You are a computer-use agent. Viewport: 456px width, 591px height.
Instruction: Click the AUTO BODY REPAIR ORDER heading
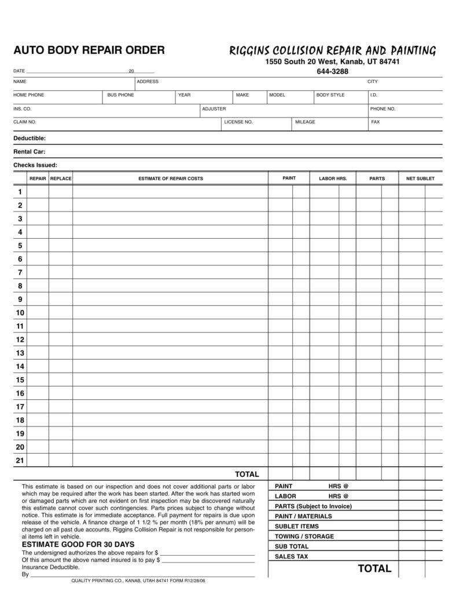click(x=89, y=50)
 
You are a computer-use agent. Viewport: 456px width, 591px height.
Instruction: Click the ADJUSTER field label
click(x=214, y=109)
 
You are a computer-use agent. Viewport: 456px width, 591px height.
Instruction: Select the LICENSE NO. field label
click(x=238, y=122)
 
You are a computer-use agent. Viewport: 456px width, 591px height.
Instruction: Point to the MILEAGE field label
click(x=305, y=122)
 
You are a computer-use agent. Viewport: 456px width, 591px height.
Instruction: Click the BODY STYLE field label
click(x=330, y=95)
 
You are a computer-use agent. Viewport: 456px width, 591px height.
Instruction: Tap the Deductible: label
click(x=30, y=138)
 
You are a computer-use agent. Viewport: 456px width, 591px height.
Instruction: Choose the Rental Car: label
click(x=30, y=152)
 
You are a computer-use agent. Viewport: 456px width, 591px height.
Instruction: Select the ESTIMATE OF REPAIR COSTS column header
click(x=171, y=178)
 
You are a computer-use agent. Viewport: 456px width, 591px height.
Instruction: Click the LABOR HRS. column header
click(x=333, y=178)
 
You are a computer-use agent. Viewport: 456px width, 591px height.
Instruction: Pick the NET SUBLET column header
click(x=420, y=178)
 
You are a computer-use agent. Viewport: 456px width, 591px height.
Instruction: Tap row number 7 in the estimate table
click(x=20, y=272)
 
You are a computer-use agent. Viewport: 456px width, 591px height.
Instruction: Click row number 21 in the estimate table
click(x=20, y=461)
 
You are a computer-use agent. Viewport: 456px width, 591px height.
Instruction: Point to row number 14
click(x=20, y=366)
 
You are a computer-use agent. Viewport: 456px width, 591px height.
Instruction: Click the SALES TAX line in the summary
click(x=292, y=557)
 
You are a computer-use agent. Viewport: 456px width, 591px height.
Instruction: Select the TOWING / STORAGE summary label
click(x=304, y=537)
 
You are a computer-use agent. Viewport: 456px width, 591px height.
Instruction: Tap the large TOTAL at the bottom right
click(x=374, y=568)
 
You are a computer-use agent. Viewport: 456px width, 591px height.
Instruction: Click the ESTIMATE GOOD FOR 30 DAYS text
click(x=78, y=545)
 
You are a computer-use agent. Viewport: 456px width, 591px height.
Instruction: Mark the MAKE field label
click(x=242, y=95)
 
